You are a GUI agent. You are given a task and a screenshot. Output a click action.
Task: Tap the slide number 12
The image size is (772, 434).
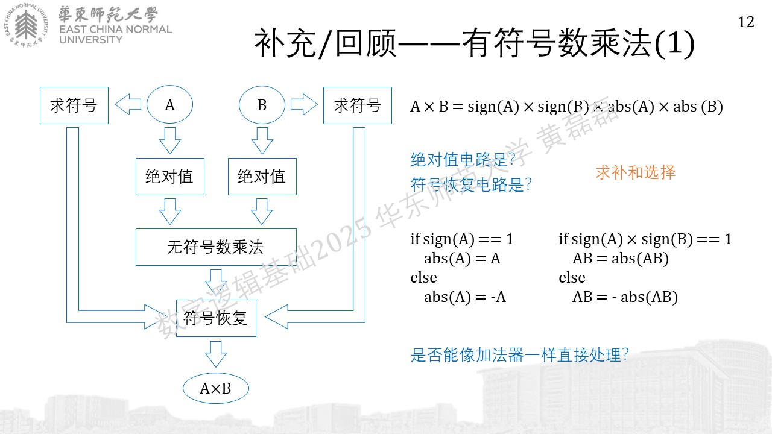(746, 22)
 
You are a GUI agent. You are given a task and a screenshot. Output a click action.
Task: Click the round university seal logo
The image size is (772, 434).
(26, 25)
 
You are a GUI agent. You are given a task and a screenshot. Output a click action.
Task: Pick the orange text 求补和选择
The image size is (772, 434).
(636, 172)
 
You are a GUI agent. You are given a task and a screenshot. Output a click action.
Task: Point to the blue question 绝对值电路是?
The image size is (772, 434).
(463, 160)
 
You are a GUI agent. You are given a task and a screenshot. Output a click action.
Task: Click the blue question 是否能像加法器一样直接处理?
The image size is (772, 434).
(519, 355)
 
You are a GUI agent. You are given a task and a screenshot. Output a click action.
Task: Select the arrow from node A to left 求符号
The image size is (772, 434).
(128, 104)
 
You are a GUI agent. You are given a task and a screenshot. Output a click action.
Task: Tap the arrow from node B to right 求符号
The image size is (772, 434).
(304, 104)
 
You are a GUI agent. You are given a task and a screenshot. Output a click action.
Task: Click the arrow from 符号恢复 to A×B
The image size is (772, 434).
(216, 354)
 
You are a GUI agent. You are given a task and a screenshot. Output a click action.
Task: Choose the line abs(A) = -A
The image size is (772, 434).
(465, 297)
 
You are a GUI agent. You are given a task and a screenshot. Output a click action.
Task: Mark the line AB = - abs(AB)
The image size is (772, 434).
(625, 297)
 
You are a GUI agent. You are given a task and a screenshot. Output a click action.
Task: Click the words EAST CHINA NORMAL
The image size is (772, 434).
(115, 30)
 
